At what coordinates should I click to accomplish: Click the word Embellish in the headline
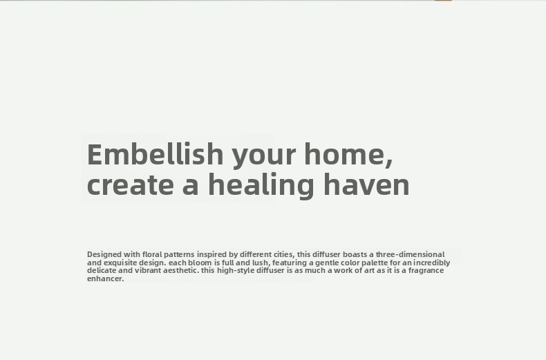[156, 153]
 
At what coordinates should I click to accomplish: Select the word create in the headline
[131, 184]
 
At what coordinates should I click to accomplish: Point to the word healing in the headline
[261, 186]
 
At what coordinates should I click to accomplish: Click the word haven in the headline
[367, 184]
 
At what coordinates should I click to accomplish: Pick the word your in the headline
[264, 155]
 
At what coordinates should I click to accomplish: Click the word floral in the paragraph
[152, 254]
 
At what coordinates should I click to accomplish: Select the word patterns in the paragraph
[179, 254]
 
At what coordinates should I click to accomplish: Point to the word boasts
[355, 254]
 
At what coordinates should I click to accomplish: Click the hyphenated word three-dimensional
[411, 254]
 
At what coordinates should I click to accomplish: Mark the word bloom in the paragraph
[200, 262]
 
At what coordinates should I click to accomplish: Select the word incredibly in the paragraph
[432, 263]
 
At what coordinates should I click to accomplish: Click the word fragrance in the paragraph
[426, 271]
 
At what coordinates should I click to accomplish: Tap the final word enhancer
[106, 278]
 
